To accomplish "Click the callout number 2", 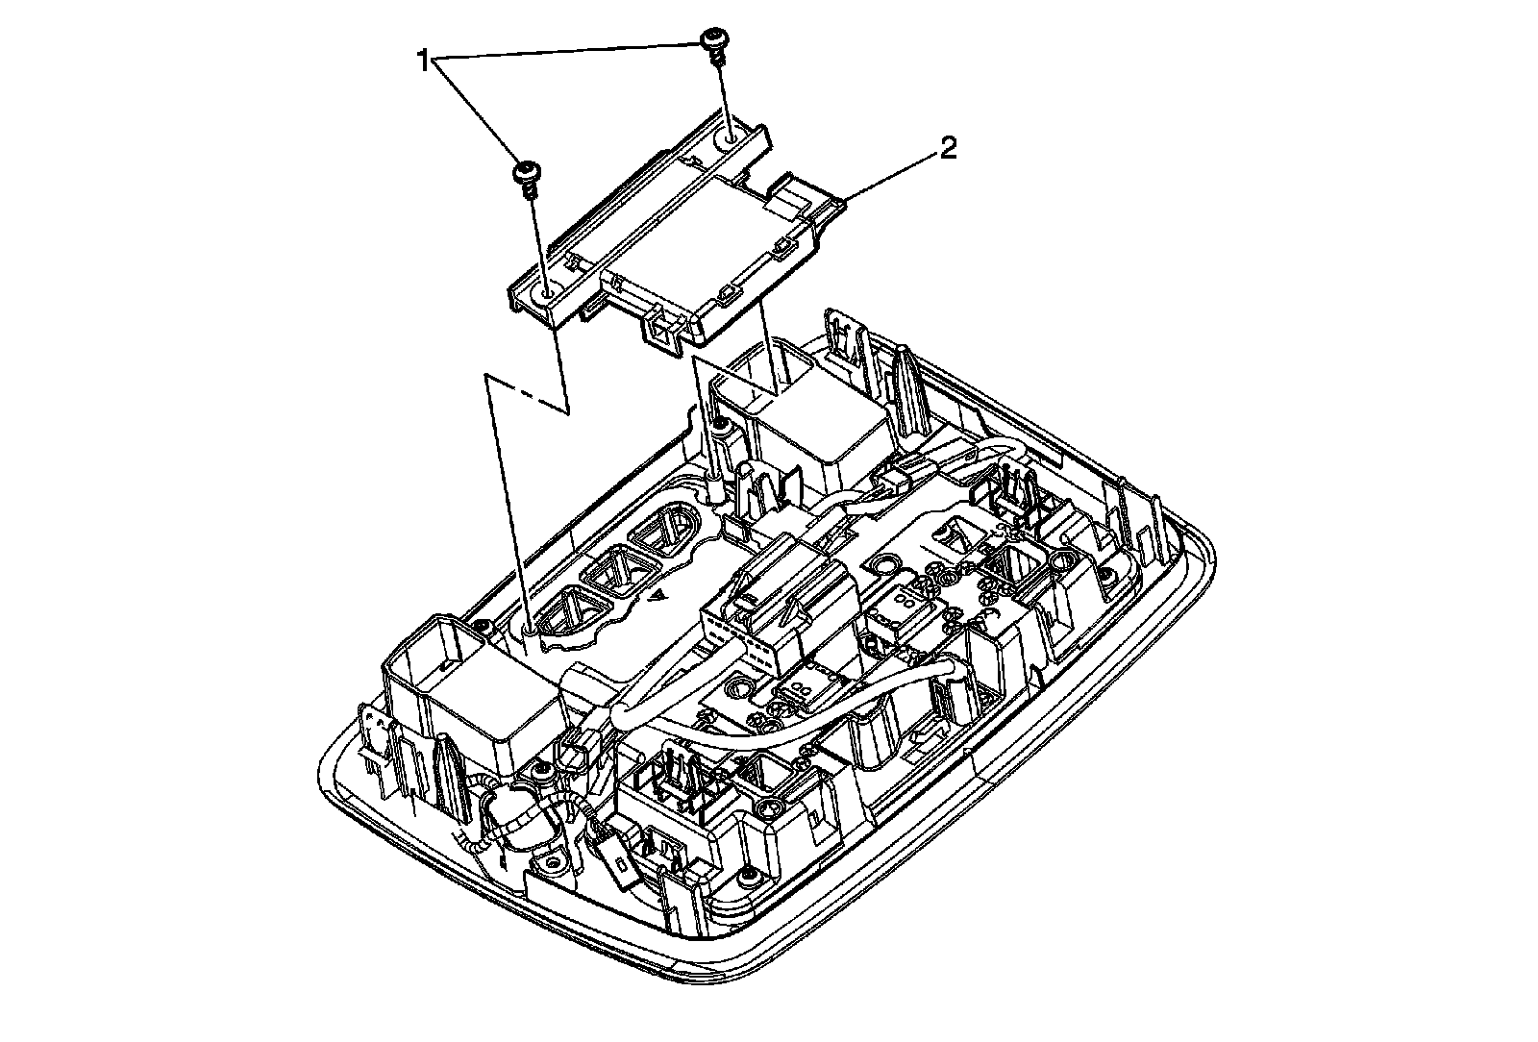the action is pyautogui.click(x=948, y=149).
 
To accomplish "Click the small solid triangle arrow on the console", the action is pyautogui.click(x=657, y=596).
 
